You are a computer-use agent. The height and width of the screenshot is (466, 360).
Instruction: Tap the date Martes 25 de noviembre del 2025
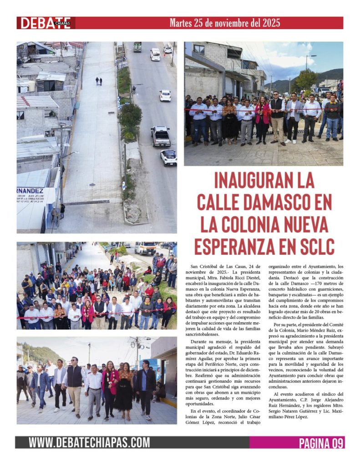(x=225, y=22)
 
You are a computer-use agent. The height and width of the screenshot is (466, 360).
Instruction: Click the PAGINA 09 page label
(x=320, y=442)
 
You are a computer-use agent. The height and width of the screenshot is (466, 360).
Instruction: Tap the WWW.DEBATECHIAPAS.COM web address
(x=89, y=442)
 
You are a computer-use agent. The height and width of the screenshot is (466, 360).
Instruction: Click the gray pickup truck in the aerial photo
(x=160, y=136)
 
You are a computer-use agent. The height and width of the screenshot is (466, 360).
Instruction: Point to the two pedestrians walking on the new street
(x=98, y=81)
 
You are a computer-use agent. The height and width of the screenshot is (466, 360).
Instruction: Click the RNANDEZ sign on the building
(x=30, y=191)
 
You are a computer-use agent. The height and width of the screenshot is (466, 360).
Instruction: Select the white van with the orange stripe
(x=145, y=248)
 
